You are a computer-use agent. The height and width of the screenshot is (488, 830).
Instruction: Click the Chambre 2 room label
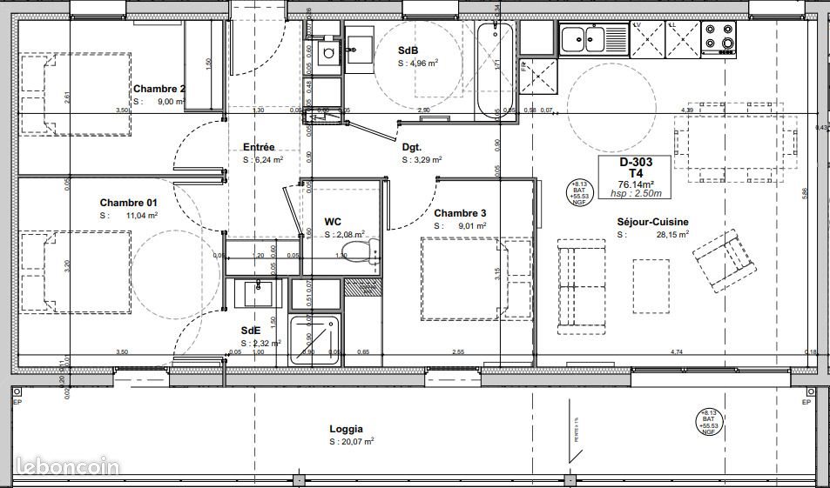pyautogui.click(x=159, y=89)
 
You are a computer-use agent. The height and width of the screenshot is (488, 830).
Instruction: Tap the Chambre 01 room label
pyautogui.click(x=128, y=203)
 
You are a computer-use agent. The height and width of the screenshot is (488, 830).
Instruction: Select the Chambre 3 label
pyautogui.click(x=460, y=213)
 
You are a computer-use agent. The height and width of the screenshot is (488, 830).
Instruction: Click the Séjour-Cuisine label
pyautogui.click(x=652, y=222)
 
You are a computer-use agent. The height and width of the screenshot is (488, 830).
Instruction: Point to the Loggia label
pyautogui.click(x=347, y=429)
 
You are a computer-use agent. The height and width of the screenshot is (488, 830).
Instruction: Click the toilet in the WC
pyautogui.click(x=359, y=252)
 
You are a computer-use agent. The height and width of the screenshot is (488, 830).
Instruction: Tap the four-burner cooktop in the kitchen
pyautogui.click(x=719, y=37)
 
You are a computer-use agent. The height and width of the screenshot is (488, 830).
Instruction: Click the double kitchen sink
pyautogui.click(x=583, y=38)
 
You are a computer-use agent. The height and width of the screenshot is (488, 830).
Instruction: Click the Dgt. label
pyautogui.click(x=412, y=147)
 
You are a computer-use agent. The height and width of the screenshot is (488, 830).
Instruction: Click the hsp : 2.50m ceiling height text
pyautogui.click(x=641, y=195)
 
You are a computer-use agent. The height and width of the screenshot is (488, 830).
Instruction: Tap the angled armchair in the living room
pyautogui.click(x=721, y=258)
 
